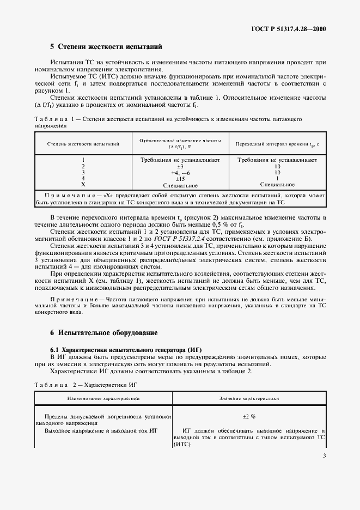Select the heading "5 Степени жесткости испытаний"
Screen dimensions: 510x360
[x=106, y=47]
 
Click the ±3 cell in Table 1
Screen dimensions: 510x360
[x=180, y=166]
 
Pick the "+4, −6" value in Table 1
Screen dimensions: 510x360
[x=180, y=172]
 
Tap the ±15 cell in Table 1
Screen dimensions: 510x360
[x=180, y=178]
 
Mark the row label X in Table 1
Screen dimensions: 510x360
[x=83, y=184]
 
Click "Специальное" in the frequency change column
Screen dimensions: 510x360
[x=180, y=185]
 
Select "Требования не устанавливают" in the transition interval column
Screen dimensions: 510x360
[x=277, y=160]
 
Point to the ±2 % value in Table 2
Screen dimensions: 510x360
[x=249, y=416]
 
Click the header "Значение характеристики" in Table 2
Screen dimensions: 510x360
[x=249, y=398]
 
